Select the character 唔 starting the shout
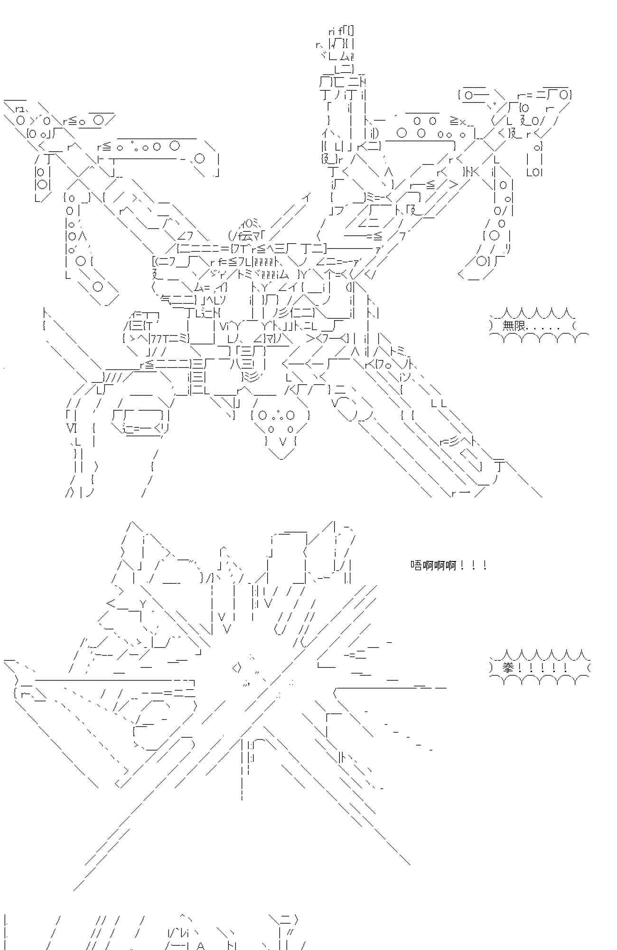tap(416, 565)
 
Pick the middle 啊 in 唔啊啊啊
tap(439, 565)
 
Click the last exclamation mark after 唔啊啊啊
tap(484, 565)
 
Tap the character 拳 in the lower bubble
tap(508, 668)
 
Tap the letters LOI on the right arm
tap(534, 172)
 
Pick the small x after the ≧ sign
tap(463, 122)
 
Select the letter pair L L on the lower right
tap(439, 404)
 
